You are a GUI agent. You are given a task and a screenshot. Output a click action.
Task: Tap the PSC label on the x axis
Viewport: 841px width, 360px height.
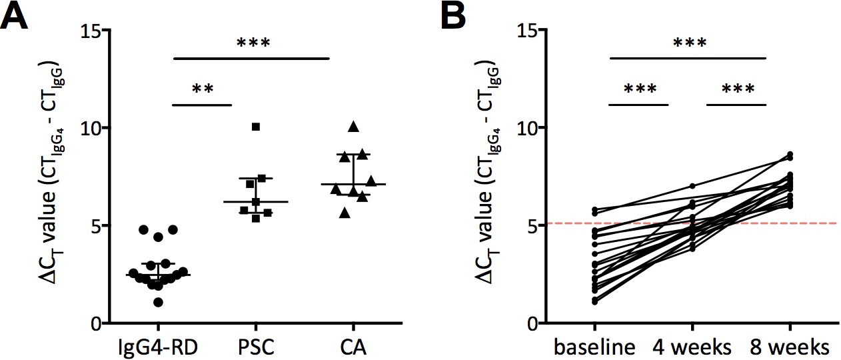(x=256, y=347)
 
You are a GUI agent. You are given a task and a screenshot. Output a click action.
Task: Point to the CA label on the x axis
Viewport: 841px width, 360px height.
(x=353, y=347)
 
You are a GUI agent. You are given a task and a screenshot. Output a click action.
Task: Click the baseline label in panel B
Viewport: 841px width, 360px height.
(x=594, y=347)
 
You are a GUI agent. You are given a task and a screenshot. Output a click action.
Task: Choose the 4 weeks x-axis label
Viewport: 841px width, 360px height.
(x=692, y=347)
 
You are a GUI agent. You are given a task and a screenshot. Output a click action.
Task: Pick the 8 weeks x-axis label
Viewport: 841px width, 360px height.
(x=790, y=347)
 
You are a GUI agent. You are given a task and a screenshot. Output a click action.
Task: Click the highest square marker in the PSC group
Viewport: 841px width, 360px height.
(x=256, y=127)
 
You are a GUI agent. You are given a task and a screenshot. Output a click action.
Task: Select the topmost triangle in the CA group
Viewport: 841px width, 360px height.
(x=353, y=126)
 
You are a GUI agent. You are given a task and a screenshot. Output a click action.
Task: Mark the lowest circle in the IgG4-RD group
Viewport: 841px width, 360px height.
(x=159, y=303)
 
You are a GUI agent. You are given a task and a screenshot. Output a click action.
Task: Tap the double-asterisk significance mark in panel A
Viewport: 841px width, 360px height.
(x=202, y=89)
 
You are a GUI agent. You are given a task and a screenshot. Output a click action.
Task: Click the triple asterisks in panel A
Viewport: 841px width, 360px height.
(x=253, y=44)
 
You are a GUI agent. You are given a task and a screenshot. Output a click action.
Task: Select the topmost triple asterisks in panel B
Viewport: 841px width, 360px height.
(x=689, y=44)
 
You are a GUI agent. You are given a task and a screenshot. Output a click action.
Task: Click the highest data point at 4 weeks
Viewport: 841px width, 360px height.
(x=692, y=186)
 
